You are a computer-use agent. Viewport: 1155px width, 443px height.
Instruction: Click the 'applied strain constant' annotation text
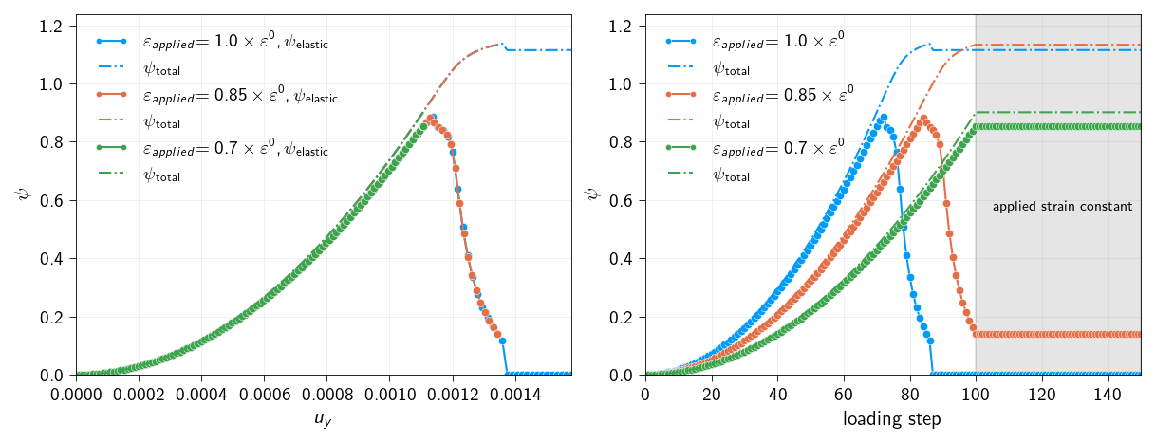1062,207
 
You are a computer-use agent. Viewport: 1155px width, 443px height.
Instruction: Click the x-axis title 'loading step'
892,419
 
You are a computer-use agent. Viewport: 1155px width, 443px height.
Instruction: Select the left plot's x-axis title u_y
323,419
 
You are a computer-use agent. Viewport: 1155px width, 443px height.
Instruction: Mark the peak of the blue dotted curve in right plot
884,118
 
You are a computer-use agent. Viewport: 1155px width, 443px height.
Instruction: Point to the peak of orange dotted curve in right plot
923,119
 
